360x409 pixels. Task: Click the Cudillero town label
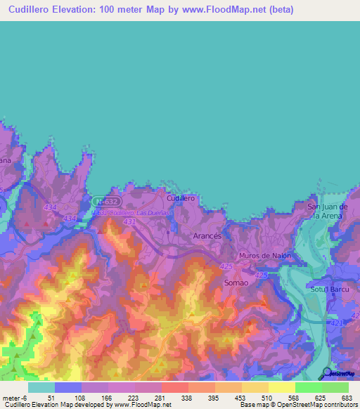tap(181, 198)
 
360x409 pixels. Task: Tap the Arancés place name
tap(207, 237)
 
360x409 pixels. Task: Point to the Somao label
tap(235, 282)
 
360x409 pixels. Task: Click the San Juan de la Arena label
tap(328, 211)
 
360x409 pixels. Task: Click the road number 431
tap(129, 222)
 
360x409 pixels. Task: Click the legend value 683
tap(345, 397)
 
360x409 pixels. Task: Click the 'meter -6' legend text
tap(13, 397)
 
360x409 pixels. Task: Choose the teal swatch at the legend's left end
tap(41, 387)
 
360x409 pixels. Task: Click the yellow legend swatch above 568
tap(282, 387)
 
